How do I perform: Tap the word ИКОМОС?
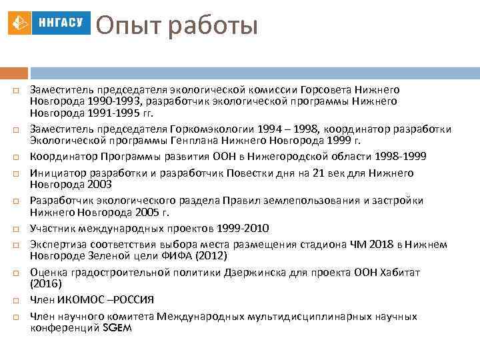[78, 299]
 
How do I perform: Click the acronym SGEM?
[117, 327]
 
